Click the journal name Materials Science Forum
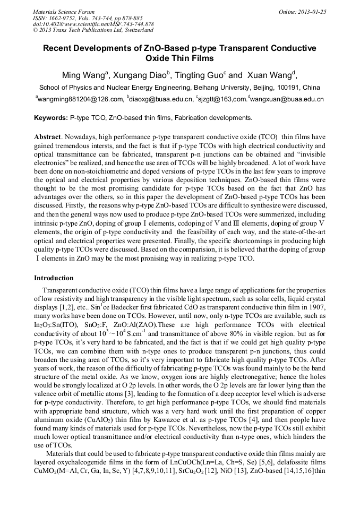(64, 12)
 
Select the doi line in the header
(93, 24)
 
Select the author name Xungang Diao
(141, 74)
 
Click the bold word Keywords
(51, 117)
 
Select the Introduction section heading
(54, 278)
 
